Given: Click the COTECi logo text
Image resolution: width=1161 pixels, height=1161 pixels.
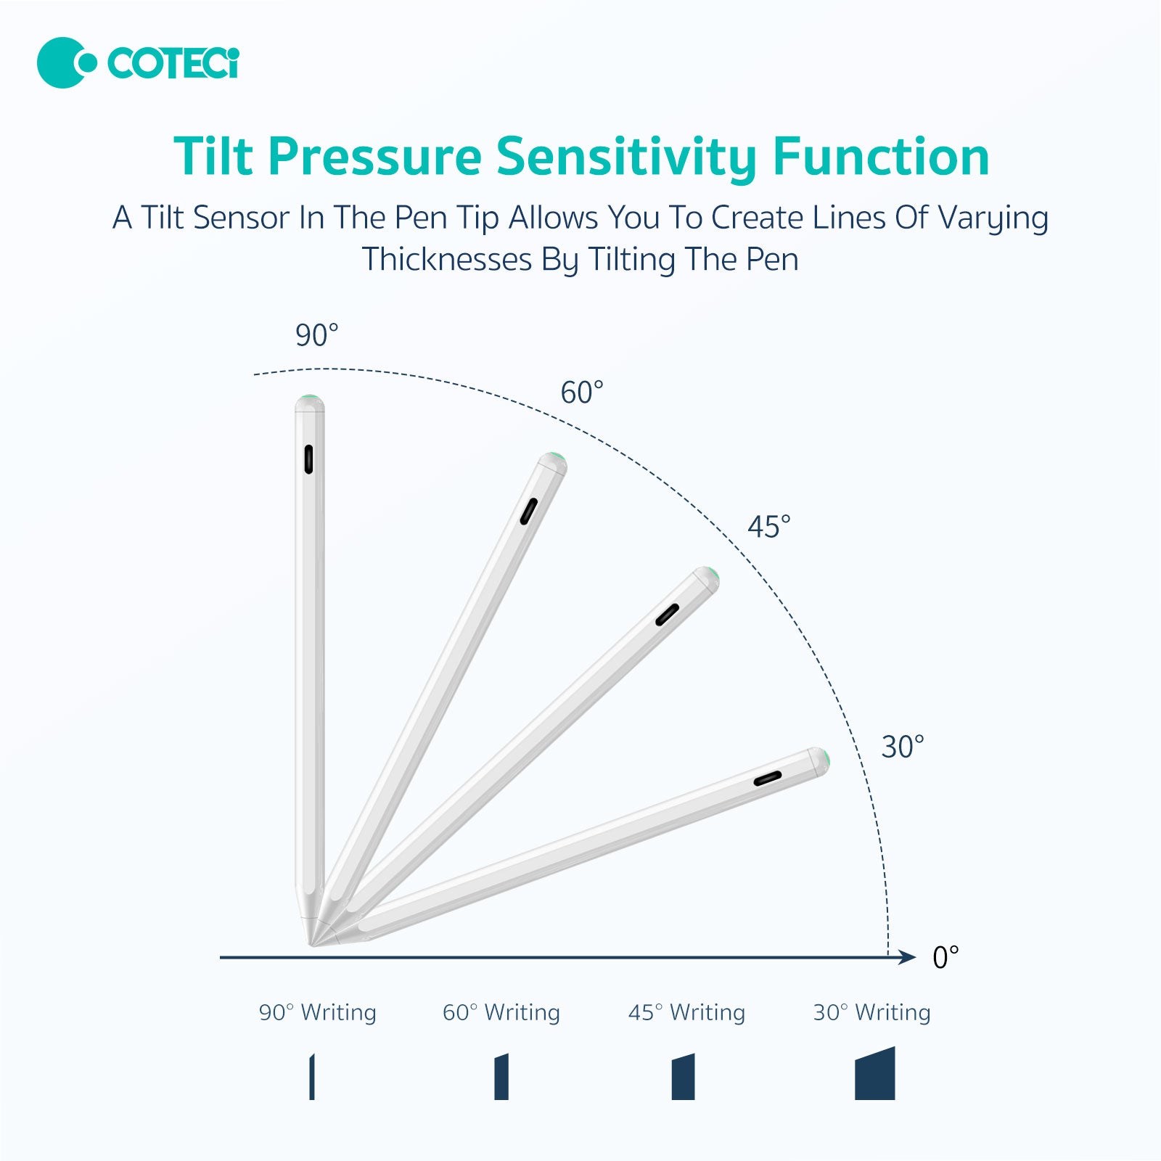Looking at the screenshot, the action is pyautogui.click(x=173, y=63).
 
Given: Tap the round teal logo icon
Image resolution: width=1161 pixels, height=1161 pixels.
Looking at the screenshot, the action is pyautogui.click(x=66, y=63).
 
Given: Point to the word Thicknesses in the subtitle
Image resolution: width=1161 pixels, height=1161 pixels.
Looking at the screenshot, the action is pyautogui.click(x=447, y=260).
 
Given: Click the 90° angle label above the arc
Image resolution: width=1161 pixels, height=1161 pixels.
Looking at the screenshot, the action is pyautogui.click(x=316, y=335).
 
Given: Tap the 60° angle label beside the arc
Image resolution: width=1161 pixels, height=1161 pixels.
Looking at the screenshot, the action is pyautogui.click(x=582, y=393).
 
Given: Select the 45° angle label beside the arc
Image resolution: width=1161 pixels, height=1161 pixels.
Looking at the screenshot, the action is pyautogui.click(x=769, y=527).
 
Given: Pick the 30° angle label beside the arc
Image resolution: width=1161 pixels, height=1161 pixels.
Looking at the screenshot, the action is pyautogui.click(x=903, y=747).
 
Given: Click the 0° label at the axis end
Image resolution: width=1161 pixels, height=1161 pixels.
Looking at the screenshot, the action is pyautogui.click(x=945, y=958).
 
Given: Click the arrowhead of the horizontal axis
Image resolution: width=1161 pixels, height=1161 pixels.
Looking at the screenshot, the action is pyautogui.click(x=907, y=957).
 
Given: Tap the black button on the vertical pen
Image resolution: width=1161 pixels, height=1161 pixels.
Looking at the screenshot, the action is pyautogui.click(x=308, y=459).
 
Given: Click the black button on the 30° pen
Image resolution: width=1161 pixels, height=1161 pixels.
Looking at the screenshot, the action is pyautogui.click(x=768, y=779).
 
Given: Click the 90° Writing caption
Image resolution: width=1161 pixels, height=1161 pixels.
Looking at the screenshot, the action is pyautogui.click(x=318, y=1012).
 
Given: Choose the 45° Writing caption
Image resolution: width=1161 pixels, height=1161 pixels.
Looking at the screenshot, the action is pyautogui.click(x=686, y=1012).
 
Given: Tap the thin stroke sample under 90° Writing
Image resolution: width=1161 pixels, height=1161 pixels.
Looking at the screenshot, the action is pyautogui.click(x=312, y=1077).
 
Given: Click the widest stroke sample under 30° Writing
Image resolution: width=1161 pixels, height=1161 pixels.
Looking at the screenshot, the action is pyautogui.click(x=874, y=1074).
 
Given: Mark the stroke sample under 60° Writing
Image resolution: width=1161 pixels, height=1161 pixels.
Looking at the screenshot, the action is pyautogui.click(x=501, y=1077).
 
